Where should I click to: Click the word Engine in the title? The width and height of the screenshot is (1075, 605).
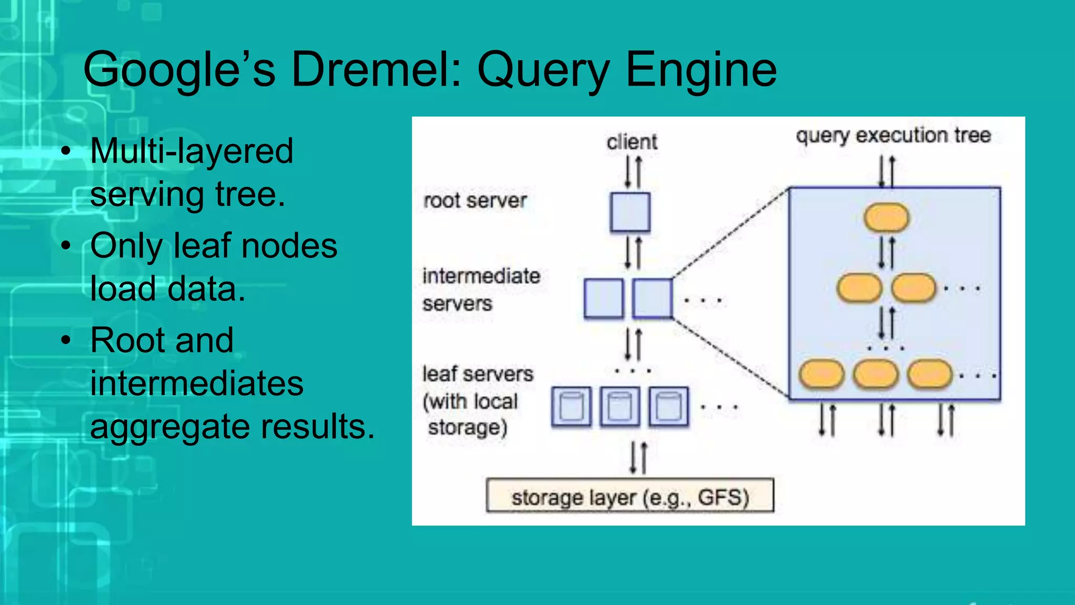pyautogui.click(x=701, y=70)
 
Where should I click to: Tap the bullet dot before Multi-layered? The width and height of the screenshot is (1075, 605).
pyautogui.click(x=66, y=151)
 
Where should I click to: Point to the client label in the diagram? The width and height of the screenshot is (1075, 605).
pyautogui.click(x=631, y=142)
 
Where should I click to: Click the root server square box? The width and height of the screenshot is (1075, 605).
pyautogui.click(x=630, y=212)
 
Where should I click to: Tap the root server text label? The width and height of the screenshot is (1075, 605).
pyautogui.click(x=475, y=201)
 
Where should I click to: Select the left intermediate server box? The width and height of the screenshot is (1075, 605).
pyautogui.click(x=604, y=299)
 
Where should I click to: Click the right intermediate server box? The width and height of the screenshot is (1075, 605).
pyautogui.click(x=652, y=299)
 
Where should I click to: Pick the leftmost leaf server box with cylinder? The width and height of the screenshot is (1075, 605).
pyautogui.click(x=572, y=406)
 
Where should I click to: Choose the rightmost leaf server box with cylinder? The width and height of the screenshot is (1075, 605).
pyautogui.click(x=669, y=406)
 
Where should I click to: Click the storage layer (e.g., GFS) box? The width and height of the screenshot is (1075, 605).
pyautogui.click(x=630, y=495)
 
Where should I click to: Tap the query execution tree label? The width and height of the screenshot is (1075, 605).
pyautogui.click(x=893, y=135)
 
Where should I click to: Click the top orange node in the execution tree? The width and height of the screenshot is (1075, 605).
pyautogui.click(x=886, y=217)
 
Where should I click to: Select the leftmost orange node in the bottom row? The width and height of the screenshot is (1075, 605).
pyautogui.click(x=821, y=375)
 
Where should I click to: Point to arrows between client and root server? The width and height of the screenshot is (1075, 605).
pyautogui.click(x=633, y=172)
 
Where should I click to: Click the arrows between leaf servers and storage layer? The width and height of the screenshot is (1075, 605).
pyautogui.click(x=638, y=457)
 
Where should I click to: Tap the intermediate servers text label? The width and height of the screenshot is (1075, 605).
pyautogui.click(x=480, y=289)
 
